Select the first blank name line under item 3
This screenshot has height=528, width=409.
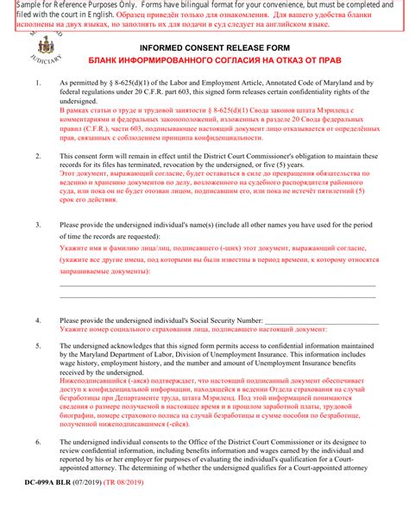[217, 284]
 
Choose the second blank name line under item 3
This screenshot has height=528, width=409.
[217, 299]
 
